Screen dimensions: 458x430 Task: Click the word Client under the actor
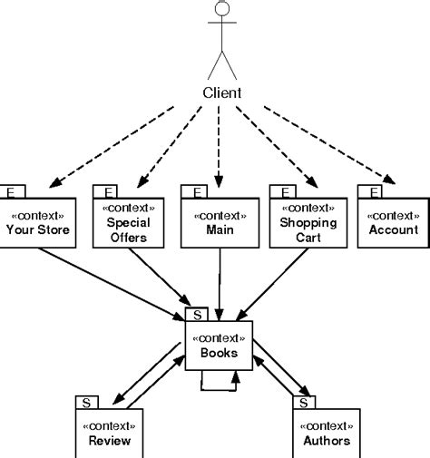pyautogui.click(x=221, y=93)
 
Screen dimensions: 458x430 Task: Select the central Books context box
pyautogui.click(x=219, y=346)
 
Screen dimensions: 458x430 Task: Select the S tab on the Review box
pyautogui.click(x=86, y=401)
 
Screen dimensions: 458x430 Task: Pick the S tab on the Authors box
pyautogui.click(x=304, y=401)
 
